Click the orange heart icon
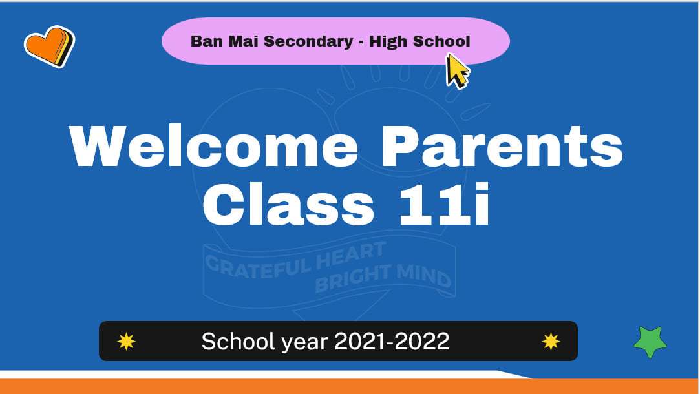[49, 47]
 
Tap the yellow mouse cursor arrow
[457, 70]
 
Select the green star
[650, 342]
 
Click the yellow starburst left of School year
[126, 341]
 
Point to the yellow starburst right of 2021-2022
[551, 341]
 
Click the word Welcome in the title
[214, 146]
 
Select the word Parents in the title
[502, 146]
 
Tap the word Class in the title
[288, 204]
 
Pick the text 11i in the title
[445, 204]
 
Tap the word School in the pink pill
[441, 41]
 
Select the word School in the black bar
[237, 341]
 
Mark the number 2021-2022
[392, 341]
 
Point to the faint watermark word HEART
[351, 256]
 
